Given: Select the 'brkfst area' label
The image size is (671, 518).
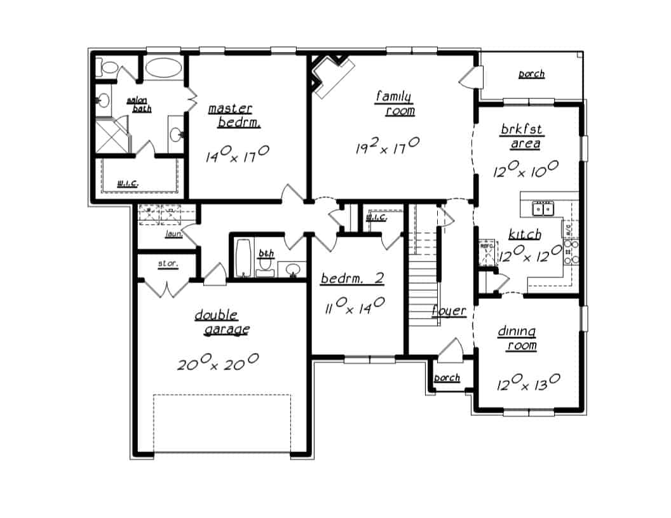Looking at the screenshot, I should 521,136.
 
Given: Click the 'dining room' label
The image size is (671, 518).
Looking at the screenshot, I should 517,338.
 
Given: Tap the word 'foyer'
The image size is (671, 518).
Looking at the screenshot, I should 449,311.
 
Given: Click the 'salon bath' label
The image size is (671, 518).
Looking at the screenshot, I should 139,105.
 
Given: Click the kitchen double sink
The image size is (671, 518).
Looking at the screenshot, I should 543,208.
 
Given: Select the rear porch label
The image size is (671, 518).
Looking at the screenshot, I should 531,74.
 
